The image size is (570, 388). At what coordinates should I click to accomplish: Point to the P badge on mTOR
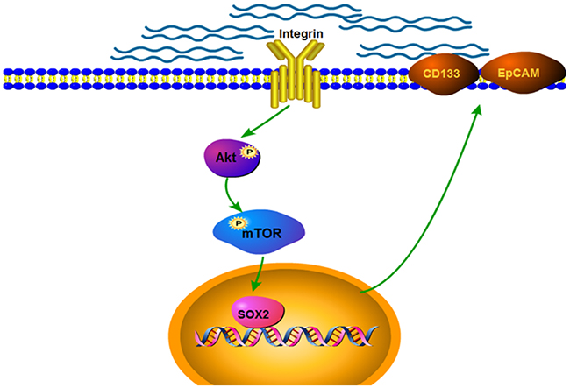(235, 223)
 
